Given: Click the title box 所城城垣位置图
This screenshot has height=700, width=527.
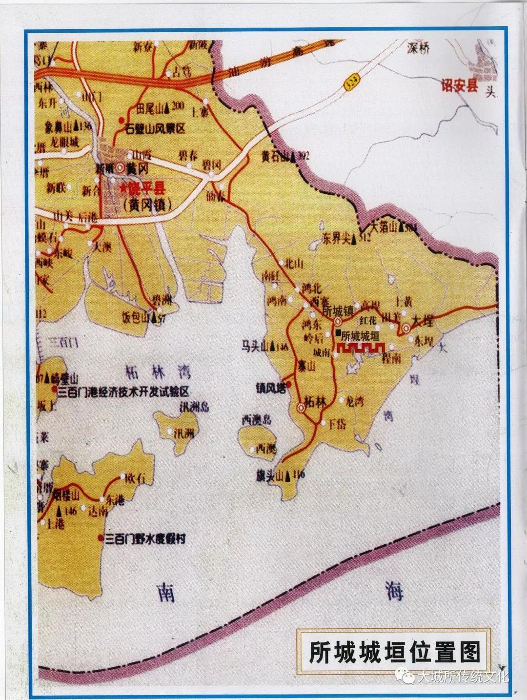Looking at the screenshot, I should (x=394, y=652).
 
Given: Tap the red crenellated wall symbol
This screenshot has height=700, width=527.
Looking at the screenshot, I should (x=360, y=347).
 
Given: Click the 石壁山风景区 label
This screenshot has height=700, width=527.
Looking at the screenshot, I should (x=155, y=129).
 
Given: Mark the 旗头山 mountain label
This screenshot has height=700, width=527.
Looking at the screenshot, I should (x=270, y=474).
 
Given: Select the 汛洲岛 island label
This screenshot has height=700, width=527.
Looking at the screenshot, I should (x=194, y=407).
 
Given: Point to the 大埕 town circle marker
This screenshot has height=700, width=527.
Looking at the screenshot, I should (x=405, y=327).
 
